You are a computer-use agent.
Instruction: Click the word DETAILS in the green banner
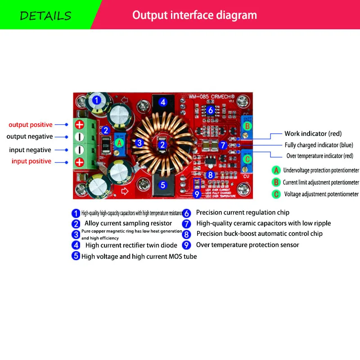pos(45,16)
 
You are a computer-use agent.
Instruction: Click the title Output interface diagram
pos(194,15)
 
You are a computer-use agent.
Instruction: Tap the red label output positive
pos(31,125)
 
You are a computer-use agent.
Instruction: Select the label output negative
pos(30,136)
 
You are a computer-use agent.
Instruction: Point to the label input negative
pos(30,150)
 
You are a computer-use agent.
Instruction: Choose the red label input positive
pos(31,161)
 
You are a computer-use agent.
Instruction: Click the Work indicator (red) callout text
pos(313,134)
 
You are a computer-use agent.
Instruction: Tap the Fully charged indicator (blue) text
pos(319,145)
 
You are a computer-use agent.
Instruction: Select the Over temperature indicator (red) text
pos(319,156)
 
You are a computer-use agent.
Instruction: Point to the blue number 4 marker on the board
pos(163,102)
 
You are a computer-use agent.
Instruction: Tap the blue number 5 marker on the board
pos(163,184)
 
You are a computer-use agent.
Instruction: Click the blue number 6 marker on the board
pos(210,110)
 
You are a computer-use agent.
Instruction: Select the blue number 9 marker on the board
pos(197,194)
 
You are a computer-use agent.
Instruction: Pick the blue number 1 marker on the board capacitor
pos(97,101)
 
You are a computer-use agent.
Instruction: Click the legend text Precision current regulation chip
pos(243,212)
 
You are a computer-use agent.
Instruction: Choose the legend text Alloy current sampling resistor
pos(128,223)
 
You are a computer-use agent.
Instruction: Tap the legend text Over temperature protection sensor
pos(247,245)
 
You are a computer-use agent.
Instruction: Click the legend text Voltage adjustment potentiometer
pos(321,194)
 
